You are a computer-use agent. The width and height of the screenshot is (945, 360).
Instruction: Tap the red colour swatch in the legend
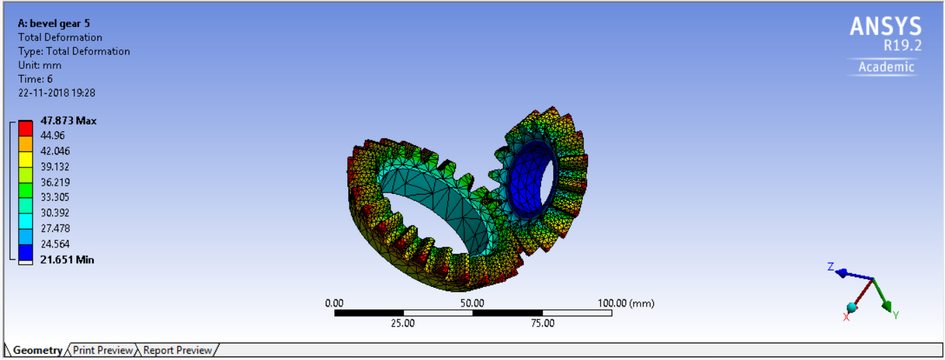pos(26,128)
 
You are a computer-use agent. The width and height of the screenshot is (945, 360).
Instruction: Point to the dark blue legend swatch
pos(26,252)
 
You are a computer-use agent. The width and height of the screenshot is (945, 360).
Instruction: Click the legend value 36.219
pos(55,182)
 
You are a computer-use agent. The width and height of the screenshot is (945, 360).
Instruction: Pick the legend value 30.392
pos(55,213)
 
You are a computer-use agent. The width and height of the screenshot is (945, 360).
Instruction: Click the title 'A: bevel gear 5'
pos(54,23)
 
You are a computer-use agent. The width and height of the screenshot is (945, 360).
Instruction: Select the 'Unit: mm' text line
pos(40,65)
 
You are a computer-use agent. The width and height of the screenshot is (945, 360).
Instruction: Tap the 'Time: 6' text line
pos(35,79)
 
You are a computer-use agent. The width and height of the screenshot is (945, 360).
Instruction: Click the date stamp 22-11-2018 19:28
pos(56,92)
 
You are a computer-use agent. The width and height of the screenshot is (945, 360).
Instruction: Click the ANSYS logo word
pos(885,27)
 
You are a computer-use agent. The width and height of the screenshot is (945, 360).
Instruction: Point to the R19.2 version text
pos(902,45)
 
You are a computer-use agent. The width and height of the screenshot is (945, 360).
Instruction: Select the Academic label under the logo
pos(886,67)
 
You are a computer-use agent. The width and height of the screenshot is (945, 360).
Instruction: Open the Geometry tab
pos(37,350)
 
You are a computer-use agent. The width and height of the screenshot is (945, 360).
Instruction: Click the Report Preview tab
pos(177,350)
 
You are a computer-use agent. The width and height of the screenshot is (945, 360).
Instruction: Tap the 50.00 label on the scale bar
pos(472,303)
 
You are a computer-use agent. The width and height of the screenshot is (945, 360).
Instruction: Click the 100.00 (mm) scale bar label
pos(625,303)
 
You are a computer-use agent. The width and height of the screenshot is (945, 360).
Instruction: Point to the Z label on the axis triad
pos(830,266)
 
